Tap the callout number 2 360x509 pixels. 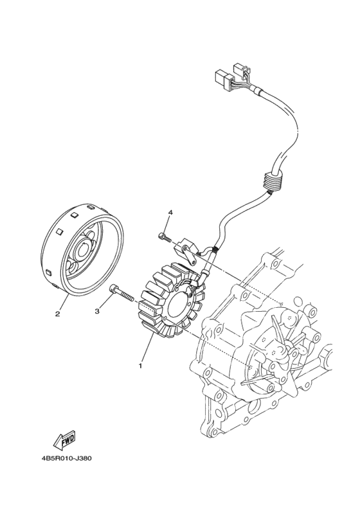tap(57, 314)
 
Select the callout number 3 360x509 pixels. tap(97, 311)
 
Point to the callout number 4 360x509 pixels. tap(170, 212)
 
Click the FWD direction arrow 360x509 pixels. tap(65, 440)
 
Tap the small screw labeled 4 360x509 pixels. tap(164, 238)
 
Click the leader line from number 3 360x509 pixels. tap(105, 304)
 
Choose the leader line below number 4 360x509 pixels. tap(168, 224)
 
